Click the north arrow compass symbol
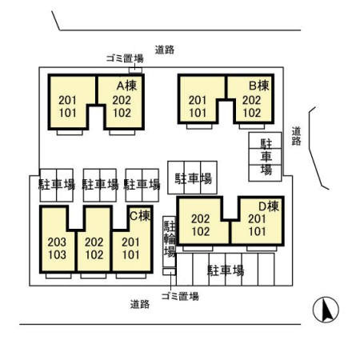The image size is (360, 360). click(326, 310)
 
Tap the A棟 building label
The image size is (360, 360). click(127, 86)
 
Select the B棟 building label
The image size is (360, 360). click(259, 86)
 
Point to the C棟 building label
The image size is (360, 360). click(140, 215)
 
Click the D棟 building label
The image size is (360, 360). click(269, 206)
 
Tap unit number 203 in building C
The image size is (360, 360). click(57, 242)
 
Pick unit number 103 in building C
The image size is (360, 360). click(57, 254)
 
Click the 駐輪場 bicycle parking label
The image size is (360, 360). click(170, 238)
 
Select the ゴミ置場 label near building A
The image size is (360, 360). click(125, 58)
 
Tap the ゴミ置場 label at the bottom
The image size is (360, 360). click(180, 296)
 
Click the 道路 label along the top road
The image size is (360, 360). click(165, 50)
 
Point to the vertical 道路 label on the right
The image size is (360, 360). click(296, 136)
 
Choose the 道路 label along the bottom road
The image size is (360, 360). click(140, 304)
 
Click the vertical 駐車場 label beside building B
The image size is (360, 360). click(266, 157)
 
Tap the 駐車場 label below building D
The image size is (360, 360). click(226, 270)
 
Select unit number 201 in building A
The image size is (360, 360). click(67, 100)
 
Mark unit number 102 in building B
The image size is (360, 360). click(252, 113)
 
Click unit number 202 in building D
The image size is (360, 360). click(201, 219)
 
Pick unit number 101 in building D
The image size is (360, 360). click(257, 231)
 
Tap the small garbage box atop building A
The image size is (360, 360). click(135, 70)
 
